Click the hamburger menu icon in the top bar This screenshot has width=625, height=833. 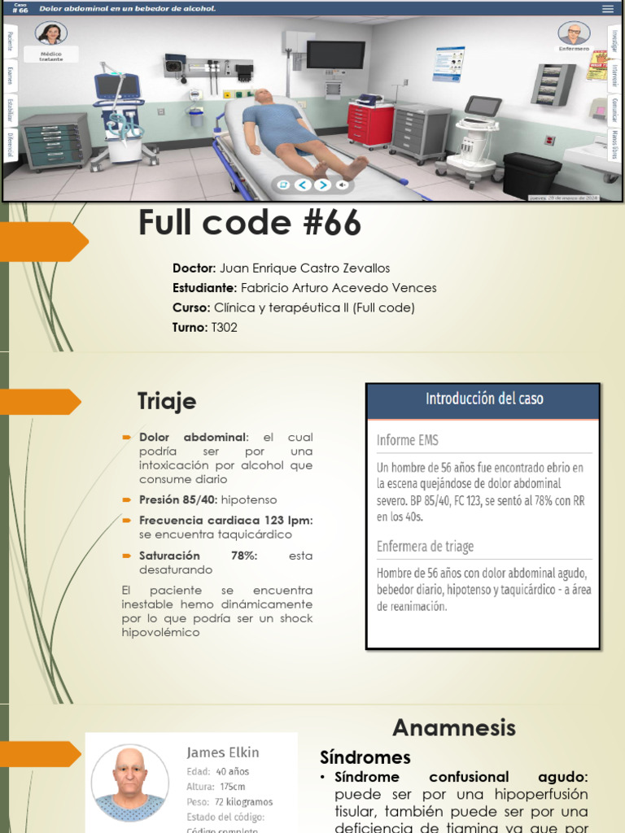coord(607,9)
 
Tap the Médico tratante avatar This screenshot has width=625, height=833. coord(51,34)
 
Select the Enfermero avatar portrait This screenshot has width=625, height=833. coord(574,33)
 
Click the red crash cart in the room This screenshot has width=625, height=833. coord(370,124)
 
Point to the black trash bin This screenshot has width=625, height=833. coord(531,174)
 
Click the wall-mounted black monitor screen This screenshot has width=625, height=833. coord(335,55)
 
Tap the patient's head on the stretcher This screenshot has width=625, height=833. coord(263,97)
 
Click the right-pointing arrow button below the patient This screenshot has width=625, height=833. coord(322,185)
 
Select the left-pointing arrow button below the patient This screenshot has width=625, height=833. coord(302,185)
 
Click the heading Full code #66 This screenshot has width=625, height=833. coord(249,223)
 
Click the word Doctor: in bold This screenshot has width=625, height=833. coord(194,268)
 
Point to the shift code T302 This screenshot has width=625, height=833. coord(224,327)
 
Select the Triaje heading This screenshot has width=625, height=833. coord(167,401)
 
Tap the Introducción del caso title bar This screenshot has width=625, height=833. coord(483,400)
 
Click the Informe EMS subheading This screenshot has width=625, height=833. coord(407,440)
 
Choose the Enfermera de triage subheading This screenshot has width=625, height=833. coord(425,547)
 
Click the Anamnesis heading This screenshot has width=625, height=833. coord(454,726)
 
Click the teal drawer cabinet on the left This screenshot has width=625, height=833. coord(55,142)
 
